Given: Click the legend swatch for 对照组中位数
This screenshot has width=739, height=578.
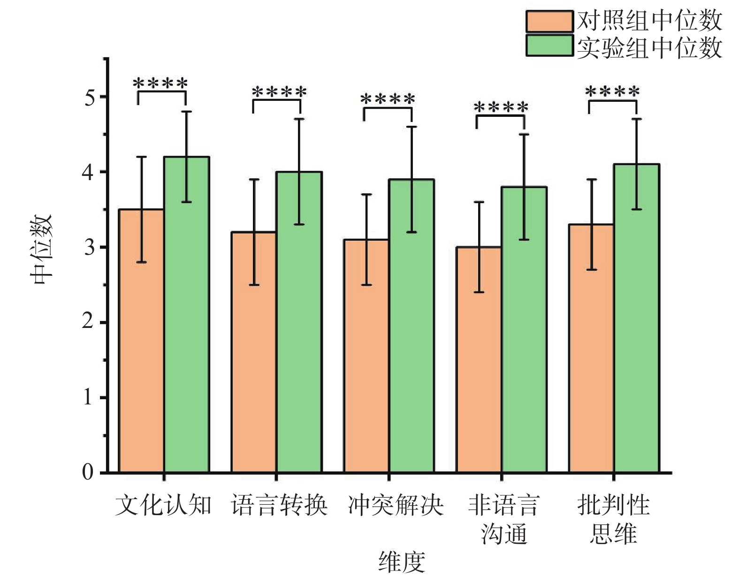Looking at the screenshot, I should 549,21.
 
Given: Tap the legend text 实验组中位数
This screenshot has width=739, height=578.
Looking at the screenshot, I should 649,48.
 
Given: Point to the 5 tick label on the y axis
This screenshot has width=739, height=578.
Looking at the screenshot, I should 89,98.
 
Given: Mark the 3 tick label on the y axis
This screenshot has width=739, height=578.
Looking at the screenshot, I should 89,248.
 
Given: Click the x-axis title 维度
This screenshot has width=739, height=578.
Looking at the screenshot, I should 401,562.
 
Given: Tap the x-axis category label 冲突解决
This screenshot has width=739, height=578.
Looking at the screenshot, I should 396,506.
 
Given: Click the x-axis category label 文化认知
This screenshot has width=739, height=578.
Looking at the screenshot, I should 163,506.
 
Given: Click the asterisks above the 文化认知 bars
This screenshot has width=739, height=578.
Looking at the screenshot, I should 160,84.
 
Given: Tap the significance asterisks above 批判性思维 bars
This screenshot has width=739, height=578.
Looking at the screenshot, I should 612,91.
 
